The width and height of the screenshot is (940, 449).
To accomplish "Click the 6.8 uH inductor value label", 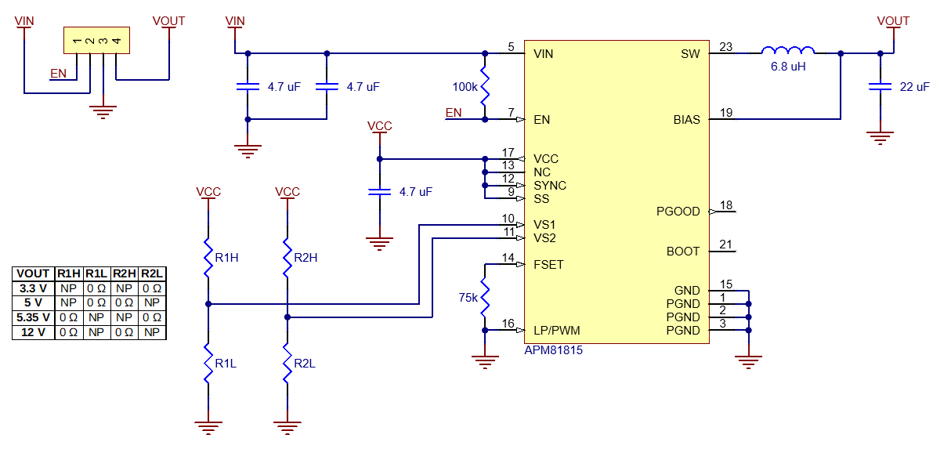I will [788, 67].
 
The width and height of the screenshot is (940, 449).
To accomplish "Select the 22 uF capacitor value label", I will [915, 87].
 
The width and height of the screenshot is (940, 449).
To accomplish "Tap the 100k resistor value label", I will [465, 87].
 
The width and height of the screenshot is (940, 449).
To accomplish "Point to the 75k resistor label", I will [468, 297].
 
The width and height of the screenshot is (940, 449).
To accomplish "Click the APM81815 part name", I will [553, 351].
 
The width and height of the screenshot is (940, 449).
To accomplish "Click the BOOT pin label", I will [683, 252].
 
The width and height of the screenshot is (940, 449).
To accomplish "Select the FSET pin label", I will [548, 265].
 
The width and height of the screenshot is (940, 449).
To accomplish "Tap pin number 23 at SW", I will [725, 47].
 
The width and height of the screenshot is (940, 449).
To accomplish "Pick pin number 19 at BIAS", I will [725, 113].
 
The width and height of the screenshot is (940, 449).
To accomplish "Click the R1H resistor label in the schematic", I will [227, 257].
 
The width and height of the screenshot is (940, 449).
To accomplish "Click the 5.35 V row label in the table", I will [33, 317].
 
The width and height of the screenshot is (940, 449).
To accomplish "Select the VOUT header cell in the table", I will [33, 273].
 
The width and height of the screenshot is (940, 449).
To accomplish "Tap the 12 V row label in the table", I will [33, 332].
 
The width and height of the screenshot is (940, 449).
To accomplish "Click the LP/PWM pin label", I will [557, 331].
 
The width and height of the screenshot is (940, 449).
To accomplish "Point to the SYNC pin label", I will [550, 186].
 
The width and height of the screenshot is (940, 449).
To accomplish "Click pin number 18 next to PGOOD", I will [725, 205].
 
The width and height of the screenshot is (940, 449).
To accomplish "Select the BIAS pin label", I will [686, 120].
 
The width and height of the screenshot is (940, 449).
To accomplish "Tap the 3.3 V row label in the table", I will [33, 288].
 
